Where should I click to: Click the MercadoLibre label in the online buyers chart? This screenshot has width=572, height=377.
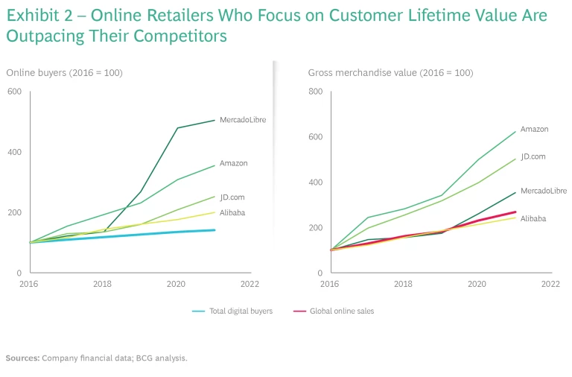pyautogui.click(x=242, y=119)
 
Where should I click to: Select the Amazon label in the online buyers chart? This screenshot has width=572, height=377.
pyautogui.click(x=233, y=163)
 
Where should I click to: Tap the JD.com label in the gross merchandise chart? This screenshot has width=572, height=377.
pyautogui.click(x=533, y=157)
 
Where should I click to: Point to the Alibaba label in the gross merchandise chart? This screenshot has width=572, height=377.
pyautogui.click(x=533, y=218)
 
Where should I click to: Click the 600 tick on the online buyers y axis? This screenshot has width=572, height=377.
pyautogui.click(x=15, y=92)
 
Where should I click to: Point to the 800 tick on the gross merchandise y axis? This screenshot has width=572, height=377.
pyautogui.click(x=316, y=92)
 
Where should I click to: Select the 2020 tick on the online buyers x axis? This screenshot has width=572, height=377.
pyautogui.click(x=177, y=284)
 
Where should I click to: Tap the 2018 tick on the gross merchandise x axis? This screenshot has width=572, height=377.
pyautogui.click(x=403, y=284)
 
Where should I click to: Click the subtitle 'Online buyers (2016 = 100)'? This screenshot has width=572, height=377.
pyautogui.click(x=65, y=72)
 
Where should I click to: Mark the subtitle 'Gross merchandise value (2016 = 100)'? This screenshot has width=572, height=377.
pyautogui.click(x=390, y=72)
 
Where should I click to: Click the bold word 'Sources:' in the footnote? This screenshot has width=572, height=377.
pyautogui.click(x=22, y=358)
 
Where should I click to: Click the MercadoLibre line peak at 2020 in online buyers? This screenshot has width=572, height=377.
pyautogui.click(x=177, y=128)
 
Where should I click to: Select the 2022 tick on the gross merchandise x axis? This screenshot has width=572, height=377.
pyautogui.click(x=550, y=284)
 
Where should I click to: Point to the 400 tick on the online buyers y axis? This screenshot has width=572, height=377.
pyautogui.click(x=15, y=152)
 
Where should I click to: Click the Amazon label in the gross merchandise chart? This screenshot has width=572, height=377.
pyautogui.click(x=534, y=130)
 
